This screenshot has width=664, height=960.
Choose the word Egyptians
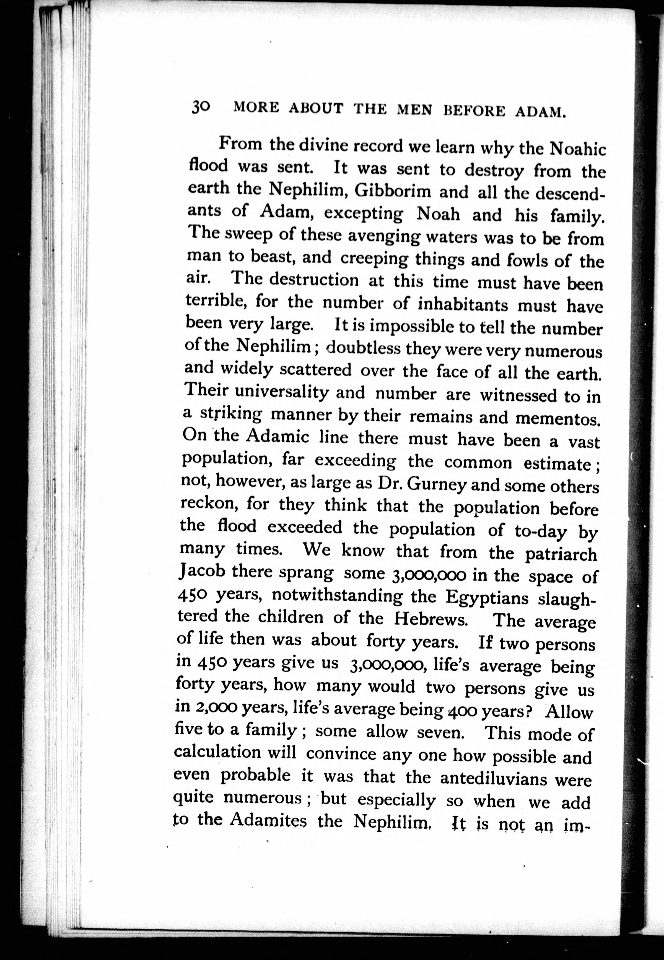tap(486, 598)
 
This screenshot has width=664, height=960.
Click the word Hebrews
tap(430, 619)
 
